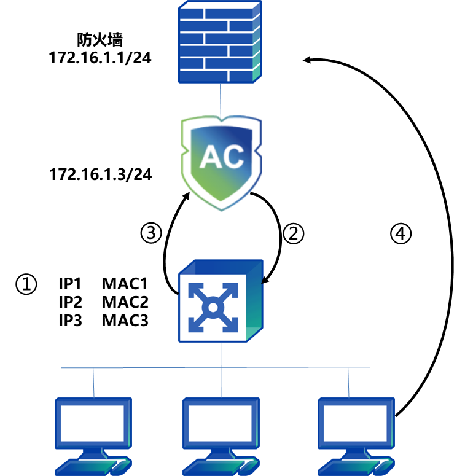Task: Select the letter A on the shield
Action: [x=209, y=158]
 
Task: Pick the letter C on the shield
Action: [x=232, y=158]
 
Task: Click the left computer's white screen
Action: [x=93, y=423]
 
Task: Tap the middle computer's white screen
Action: [x=221, y=423]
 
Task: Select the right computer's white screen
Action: [x=355, y=423]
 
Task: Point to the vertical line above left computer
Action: [x=93, y=382]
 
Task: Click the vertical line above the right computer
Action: [x=348, y=382]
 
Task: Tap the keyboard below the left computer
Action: [x=92, y=467]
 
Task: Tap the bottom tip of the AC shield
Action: [x=221, y=209]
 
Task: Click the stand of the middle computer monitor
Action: [x=221, y=453]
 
